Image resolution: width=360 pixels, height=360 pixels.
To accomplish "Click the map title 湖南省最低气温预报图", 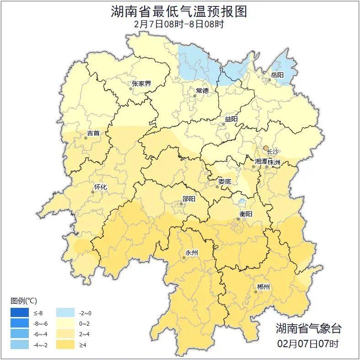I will pyautogui.click(x=179, y=11).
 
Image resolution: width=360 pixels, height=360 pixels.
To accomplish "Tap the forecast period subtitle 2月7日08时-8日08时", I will pyautogui.click(x=179, y=24).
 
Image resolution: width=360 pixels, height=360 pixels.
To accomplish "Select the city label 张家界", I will pyautogui.click(x=141, y=84).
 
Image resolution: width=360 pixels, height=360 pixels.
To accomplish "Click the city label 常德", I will pyautogui.click(x=202, y=91).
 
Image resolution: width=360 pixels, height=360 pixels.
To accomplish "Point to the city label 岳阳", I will pyautogui.click(x=277, y=75).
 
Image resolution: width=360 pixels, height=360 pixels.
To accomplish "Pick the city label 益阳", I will pyautogui.click(x=231, y=119).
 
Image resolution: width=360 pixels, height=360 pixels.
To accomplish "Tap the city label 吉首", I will pyautogui.click(x=93, y=134).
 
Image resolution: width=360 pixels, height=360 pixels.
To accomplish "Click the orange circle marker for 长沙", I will pyautogui.click(x=265, y=147).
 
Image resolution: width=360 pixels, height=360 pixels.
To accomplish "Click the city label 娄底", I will pyautogui.click(x=225, y=181).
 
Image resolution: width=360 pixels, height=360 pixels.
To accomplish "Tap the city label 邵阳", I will pyautogui.click(x=188, y=199).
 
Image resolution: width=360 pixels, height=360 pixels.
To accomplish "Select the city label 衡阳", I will pyautogui.click(x=246, y=214).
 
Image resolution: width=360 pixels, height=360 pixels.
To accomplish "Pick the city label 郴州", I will pyautogui.click(x=263, y=287).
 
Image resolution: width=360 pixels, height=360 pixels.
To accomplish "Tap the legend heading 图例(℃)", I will pyautogui.click(x=24, y=301).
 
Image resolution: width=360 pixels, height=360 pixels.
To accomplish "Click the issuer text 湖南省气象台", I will pyautogui.click(x=308, y=328).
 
